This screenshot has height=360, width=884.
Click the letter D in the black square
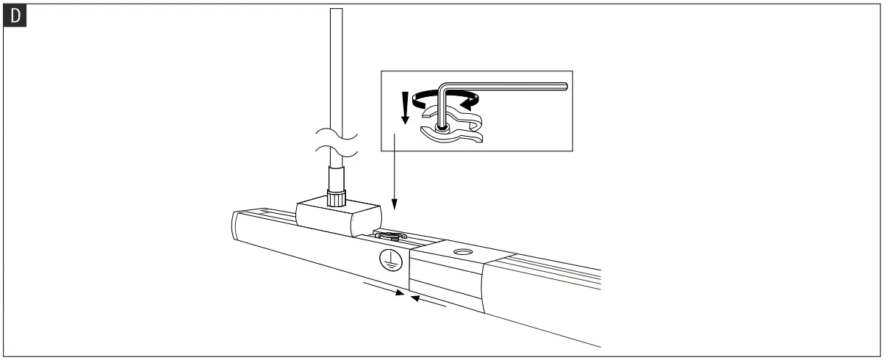click(x=12, y=13)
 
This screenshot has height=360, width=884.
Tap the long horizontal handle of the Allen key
click(x=514, y=86)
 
